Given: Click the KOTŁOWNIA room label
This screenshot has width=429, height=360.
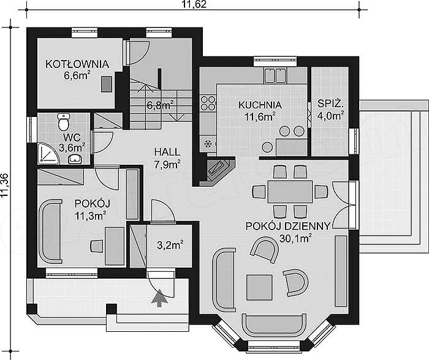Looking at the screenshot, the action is pyautogui.click(x=77, y=64).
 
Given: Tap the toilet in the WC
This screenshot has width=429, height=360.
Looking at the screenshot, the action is pyautogui.click(x=64, y=122).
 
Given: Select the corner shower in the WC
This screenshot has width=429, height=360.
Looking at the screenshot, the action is pyautogui.click(x=48, y=153).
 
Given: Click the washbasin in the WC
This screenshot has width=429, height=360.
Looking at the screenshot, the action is pyautogui.click(x=75, y=159).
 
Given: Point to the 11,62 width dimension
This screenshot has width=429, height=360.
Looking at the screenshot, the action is pyautogui.click(x=194, y=4).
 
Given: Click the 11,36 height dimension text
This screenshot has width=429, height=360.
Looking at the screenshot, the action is pyautogui.click(x=5, y=186).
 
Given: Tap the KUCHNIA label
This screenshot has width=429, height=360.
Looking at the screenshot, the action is pyautogui.click(x=260, y=105).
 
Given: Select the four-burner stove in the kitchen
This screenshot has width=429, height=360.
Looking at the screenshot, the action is pyautogui.click(x=208, y=103).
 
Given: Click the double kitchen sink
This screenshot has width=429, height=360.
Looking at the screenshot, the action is pyautogui.click(x=275, y=75).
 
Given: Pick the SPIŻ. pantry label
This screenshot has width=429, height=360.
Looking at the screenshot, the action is pyautogui.click(x=330, y=103).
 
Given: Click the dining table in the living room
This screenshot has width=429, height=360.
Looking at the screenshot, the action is pyautogui.click(x=290, y=192).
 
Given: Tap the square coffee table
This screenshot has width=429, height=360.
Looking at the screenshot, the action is pyautogui.click(x=259, y=288).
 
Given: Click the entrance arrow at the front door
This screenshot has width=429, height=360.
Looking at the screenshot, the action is pyautogui.click(x=159, y=299).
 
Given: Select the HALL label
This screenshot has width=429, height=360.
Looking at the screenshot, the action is pyautogui.click(x=167, y=152).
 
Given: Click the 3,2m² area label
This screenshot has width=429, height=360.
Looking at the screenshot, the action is pyautogui.click(x=170, y=245).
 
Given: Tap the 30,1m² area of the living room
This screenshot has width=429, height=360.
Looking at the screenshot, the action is pyautogui.click(x=296, y=238).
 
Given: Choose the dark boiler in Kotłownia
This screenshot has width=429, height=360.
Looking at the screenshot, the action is pyautogui.click(x=107, y=84).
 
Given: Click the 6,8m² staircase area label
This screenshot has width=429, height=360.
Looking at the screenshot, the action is pyautogui.click(x=160, y=105).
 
